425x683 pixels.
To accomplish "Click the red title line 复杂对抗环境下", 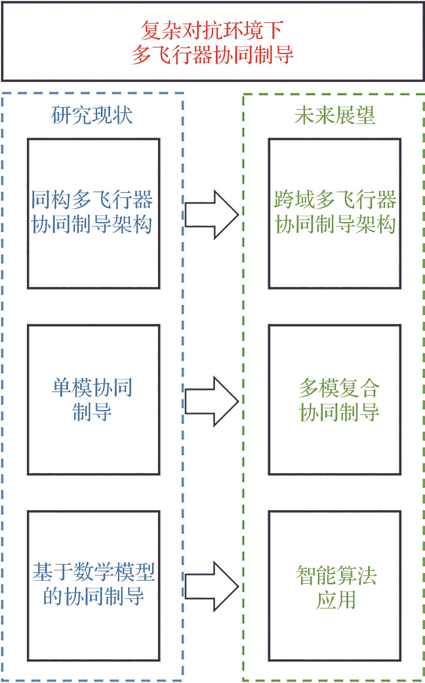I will coord(212,30).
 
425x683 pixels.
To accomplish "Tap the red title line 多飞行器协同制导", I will coord(212,54).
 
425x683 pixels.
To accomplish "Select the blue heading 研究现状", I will coord(92,115).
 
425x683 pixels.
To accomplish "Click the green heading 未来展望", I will coord(334,115).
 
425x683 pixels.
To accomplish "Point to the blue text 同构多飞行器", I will coord(92,199).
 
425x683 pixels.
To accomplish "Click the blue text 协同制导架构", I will coord(92,224).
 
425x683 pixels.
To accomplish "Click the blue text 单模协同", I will coord(92,388).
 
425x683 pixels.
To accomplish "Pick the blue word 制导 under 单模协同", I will coord(92,412).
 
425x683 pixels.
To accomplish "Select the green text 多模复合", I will coord(339,388).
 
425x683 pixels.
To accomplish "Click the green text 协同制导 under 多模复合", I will coord(339,412).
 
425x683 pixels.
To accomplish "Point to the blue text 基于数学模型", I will coord(93,572).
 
